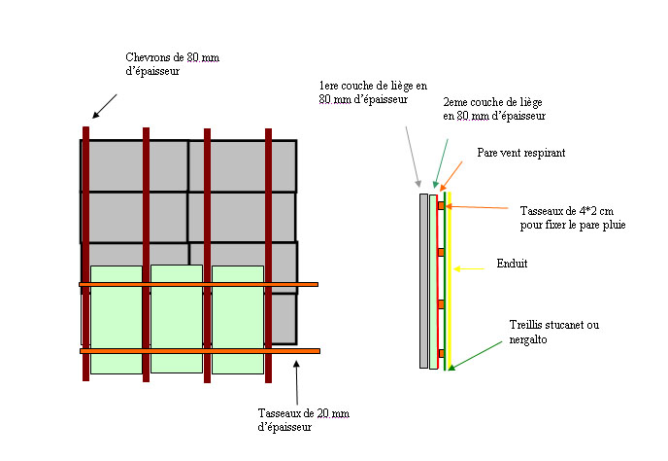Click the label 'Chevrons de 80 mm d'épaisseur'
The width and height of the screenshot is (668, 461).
click(172, 64)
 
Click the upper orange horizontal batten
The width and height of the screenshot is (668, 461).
click(199, 284)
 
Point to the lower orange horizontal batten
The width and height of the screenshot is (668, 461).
click(199, 350)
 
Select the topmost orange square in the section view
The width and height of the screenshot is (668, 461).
click(440, 206)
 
